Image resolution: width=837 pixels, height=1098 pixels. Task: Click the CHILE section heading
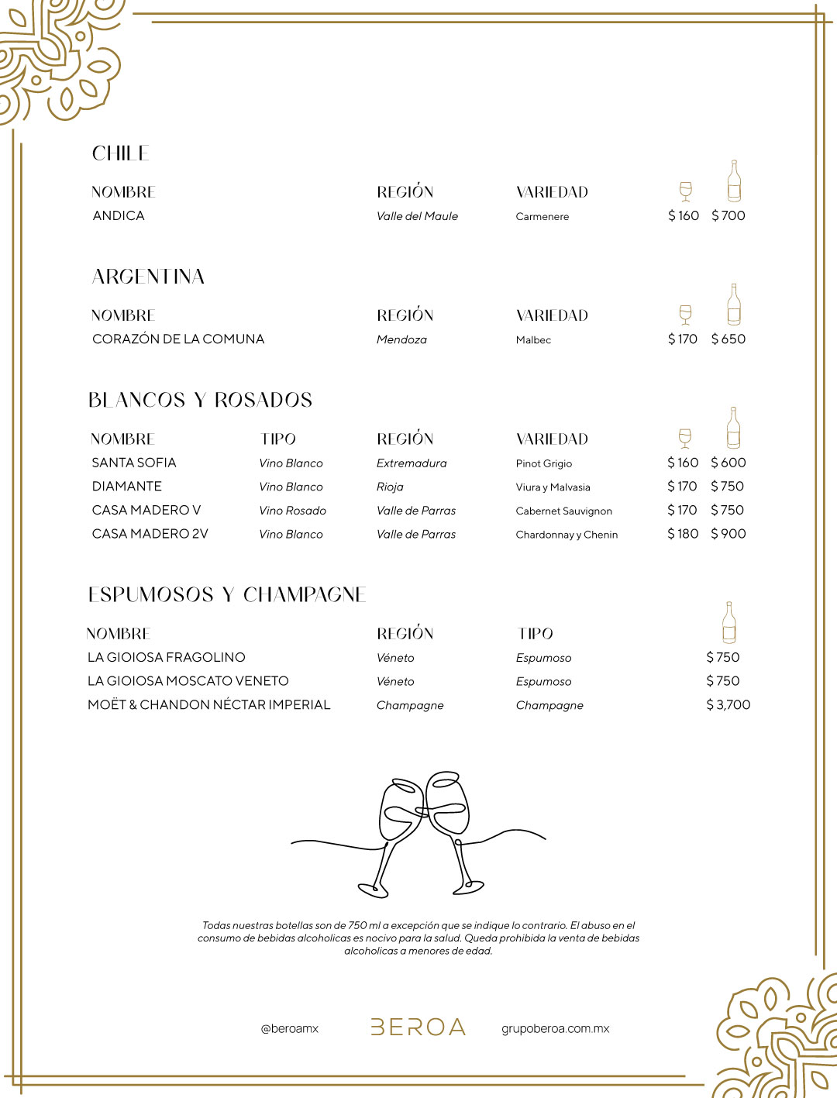pyautogui.click(x=120, y=153)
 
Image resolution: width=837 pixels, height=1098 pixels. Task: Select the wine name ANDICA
pyautogui.click(x=119, y=215)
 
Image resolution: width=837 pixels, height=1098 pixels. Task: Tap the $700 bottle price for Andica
pyautogui.click(x=728, y=215)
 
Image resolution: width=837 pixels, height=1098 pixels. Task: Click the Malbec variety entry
pyautogui.click(x=533, y=339)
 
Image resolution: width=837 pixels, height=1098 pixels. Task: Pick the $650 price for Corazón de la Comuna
pyautogui.click(x=728, y=339)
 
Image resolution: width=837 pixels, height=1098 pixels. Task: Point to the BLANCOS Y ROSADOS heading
pyautogui.click(x=200, y=400)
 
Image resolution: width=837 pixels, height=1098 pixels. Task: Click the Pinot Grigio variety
pyautogui.click(x=543, y=463)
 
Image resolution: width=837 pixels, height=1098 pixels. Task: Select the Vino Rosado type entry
pyautogui.click(x=292, y=511)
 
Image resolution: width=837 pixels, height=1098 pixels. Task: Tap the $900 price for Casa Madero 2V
pyautogui.click(x=728, y=533)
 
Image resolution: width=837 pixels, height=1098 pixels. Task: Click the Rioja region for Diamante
pyautogui.click(x=390, y=487)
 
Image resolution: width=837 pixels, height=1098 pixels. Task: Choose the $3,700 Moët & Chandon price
pyautogui.click(x=728, y=704)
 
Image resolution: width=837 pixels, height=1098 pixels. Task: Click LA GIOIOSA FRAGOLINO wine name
pyautogui.click(x=167, y=657)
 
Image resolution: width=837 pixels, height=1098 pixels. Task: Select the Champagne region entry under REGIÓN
pyautogui.click(x=410, y=705)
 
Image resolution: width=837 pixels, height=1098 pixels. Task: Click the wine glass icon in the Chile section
pyautogui.click(x=685, y=191)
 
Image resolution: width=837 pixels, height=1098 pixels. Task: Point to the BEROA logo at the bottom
pyautogui.click(x=418, y=1027)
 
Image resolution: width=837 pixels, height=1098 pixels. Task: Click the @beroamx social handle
pyautogui.click(x=290, y=1028)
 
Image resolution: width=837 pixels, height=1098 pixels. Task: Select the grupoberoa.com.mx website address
pyautogui.click(x=555, y=1028)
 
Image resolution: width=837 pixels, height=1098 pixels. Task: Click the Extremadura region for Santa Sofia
pyautogui.click(x=412, y=463)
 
